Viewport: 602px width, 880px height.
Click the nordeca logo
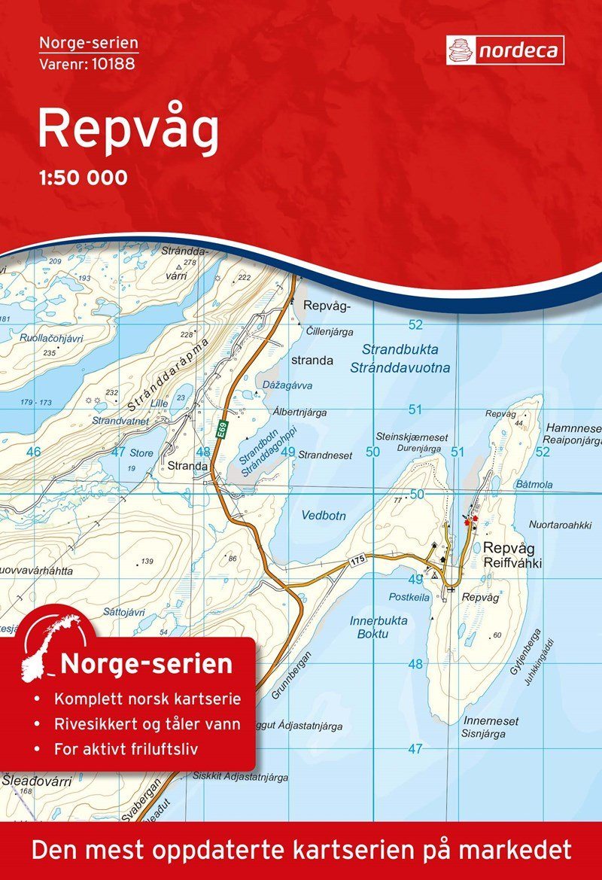[505, 50]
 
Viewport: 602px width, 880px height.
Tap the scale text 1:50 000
[82, 178]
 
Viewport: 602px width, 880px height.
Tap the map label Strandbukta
[400, 350]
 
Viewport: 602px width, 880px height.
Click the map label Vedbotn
[323, 516]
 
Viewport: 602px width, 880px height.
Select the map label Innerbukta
[379, 621]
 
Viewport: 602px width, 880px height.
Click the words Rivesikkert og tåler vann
[147, 725]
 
